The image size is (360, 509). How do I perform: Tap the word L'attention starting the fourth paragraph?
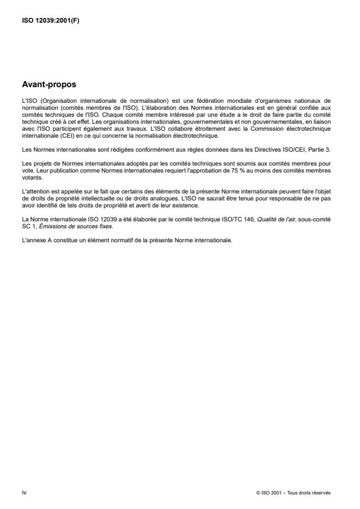pos(34,191)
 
